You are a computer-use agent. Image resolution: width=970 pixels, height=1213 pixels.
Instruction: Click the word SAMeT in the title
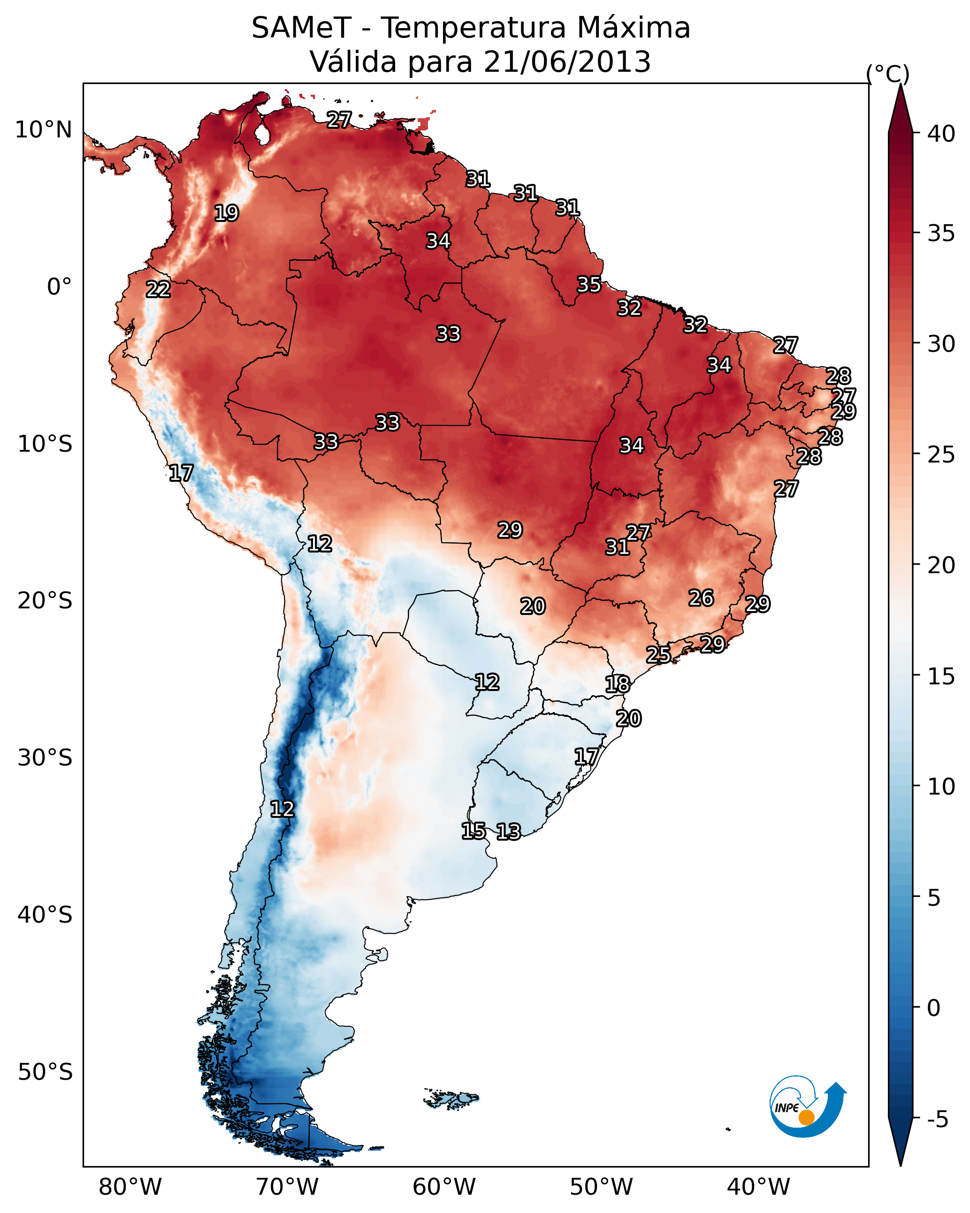pos(301,28)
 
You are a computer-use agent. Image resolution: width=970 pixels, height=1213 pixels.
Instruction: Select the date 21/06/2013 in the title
pos(566,62)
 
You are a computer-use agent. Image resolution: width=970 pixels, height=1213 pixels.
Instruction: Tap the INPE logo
pos(806,1108)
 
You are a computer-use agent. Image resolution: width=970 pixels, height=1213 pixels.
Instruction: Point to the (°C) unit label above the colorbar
pos(888,74)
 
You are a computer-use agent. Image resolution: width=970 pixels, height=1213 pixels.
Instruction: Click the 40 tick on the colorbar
pos(941,134)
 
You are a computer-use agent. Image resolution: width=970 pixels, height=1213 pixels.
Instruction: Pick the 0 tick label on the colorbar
pos(933,1008)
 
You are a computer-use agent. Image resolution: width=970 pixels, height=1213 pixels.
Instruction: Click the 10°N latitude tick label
pos(43,130)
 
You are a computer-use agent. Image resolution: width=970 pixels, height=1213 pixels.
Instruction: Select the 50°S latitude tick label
pos(45,1072)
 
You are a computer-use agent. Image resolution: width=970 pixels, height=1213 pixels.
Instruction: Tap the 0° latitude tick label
pos(59,287)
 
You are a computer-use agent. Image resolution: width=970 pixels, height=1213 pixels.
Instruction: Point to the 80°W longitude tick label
pos(130,1187)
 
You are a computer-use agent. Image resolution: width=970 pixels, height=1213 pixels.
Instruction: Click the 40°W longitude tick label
pos(758,1187)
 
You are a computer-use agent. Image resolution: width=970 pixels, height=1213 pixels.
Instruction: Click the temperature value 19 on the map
pos(226,213)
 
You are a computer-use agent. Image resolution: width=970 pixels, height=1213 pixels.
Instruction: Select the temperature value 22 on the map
pos(158,290)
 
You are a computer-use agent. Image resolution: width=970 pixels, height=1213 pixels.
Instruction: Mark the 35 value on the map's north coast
pos(589,285)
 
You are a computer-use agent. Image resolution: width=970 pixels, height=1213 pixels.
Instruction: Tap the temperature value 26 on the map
pos(701,598)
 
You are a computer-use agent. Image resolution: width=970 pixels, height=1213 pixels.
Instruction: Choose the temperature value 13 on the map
pos(508,832)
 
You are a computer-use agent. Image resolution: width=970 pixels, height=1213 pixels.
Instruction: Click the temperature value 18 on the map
pos(618,684)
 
